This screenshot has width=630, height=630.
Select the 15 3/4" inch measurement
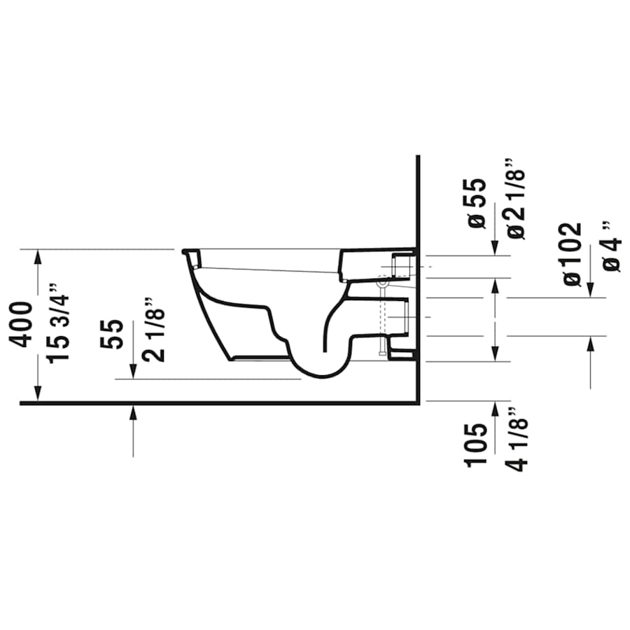[61, 321]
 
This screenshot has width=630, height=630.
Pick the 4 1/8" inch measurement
[516, 440]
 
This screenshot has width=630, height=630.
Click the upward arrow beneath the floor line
[133, 413]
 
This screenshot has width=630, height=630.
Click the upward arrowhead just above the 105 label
[496, 408]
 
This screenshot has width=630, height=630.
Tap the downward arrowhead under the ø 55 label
[496, 249]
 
